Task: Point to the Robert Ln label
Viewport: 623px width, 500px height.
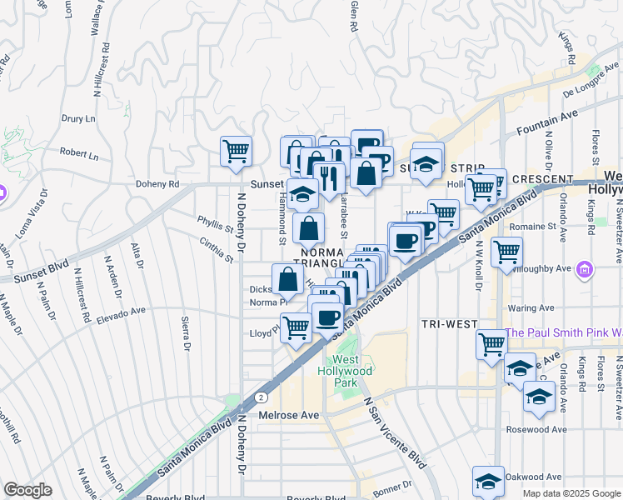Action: tap(79, 154)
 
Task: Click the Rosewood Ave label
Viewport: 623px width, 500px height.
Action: tap(536, 430)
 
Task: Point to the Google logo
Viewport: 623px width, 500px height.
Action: tap(27, 490)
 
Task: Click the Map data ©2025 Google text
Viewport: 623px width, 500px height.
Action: tap(571, 493)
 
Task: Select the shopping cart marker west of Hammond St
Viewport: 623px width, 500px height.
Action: tap(236, 151)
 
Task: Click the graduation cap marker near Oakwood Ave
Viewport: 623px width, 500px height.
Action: tap(488, 480)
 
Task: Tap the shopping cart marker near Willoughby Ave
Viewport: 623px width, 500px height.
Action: tap(506, 251)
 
